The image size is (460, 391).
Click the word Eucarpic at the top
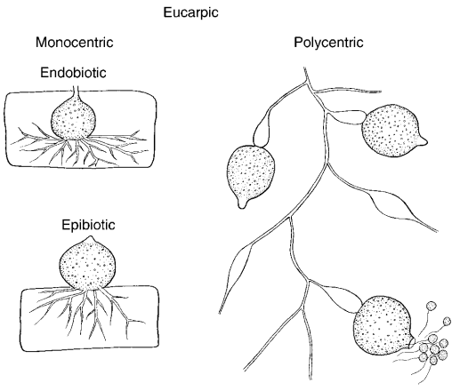(190, 12)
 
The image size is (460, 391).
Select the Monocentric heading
(75, 42)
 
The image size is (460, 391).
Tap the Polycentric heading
(328, 42)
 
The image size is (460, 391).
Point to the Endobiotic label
(73, 73)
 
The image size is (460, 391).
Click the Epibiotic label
(88, 225)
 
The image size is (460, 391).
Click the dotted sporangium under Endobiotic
(74, 119)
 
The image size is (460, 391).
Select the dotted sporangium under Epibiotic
(87, 264)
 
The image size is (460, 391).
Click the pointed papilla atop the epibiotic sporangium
(90, 239)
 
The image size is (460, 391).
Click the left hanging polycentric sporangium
(251, 175)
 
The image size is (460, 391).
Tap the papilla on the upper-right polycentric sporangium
(423, 140)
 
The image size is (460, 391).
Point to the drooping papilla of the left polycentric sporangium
(242, 203)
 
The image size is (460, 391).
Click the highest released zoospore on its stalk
(432, 306)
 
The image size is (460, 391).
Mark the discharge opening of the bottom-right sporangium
(412, 342)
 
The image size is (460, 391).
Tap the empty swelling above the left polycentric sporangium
(261, 131)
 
